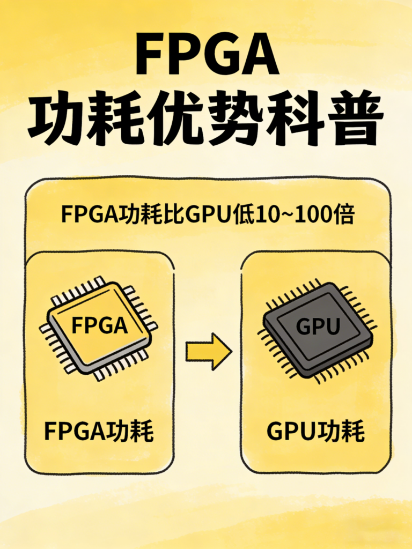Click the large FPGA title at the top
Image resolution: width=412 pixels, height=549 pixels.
pyautogui.click(x=207, y=56)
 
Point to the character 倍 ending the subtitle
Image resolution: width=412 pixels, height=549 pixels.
pyautogui.click(x=343, y=214)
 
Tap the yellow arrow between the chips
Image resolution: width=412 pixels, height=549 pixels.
pyautogui.click(x=208, y=351)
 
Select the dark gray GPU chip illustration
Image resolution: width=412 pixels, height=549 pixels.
pyautogui.click(x=317, y=328)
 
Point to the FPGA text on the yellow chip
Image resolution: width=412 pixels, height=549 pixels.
pyautogui.click(x=99, y=325)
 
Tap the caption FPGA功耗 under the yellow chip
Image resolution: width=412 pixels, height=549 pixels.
pyautogui.click(x=99, y=432)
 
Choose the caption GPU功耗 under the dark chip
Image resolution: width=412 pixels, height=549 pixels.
pyautogui.click(x=315, y=432)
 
